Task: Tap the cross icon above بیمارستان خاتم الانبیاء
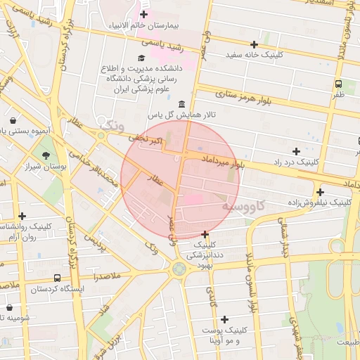tap(143, 14)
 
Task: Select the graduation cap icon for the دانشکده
tap(141, 57)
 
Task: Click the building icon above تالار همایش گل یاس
tap(182, 103)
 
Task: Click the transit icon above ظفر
tap(339, 83)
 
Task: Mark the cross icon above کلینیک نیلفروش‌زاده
tap(320, 192)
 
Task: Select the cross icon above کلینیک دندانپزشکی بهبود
tap(205, 234)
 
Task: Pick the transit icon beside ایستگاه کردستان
tap(57, 278)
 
